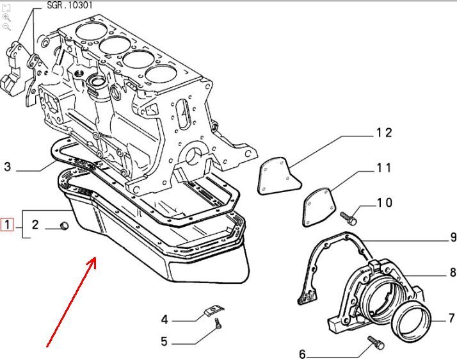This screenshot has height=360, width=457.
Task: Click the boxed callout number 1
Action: click(7, 224)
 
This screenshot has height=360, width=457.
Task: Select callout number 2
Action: click(35, 225)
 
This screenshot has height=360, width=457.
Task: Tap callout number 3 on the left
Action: click(8, 167)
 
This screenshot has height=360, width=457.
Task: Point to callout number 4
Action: click(164, 319)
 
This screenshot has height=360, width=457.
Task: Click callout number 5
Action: click(164, 341)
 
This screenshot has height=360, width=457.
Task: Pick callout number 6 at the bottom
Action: click(302, 354)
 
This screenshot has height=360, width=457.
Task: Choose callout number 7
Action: click(451, 318)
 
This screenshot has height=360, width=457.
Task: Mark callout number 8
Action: click(453, 273)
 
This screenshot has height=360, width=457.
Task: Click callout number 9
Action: click(453, 237)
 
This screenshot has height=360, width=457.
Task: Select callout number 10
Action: click(384, 203)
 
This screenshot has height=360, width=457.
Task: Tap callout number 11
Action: click(383, 168)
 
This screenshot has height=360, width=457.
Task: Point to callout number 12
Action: click(384, 133)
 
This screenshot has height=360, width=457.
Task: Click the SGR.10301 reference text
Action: click(70, 5)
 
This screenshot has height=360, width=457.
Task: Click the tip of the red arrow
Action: click(96, 258)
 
